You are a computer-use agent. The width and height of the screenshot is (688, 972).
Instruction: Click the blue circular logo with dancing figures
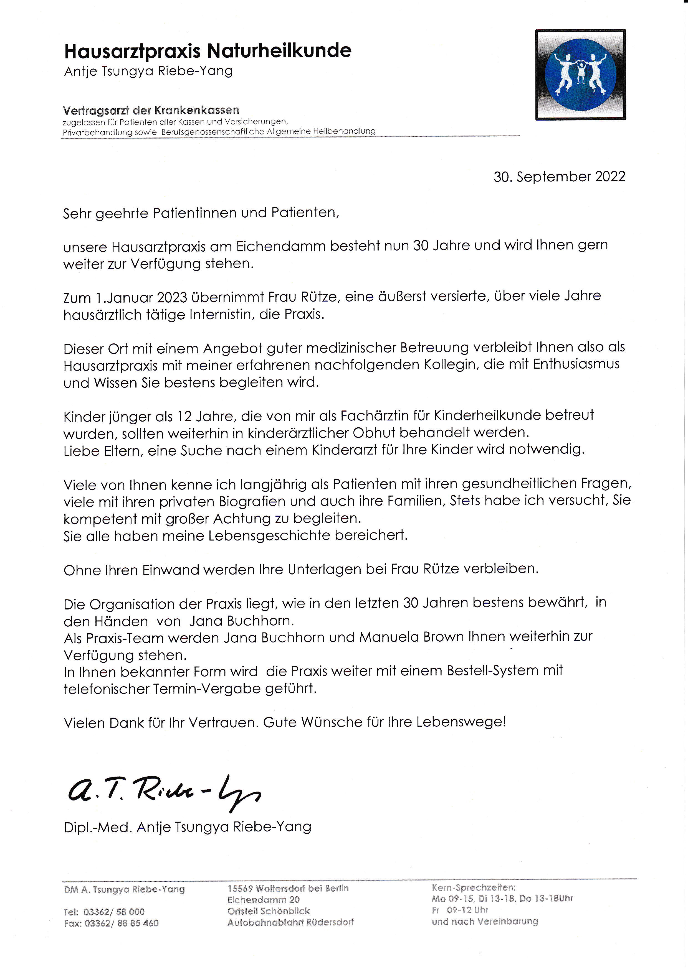[580, 75]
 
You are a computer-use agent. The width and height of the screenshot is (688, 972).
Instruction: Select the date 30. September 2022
[559, 177]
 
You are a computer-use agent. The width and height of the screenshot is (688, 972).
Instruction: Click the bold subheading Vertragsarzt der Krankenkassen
[151, 111]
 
